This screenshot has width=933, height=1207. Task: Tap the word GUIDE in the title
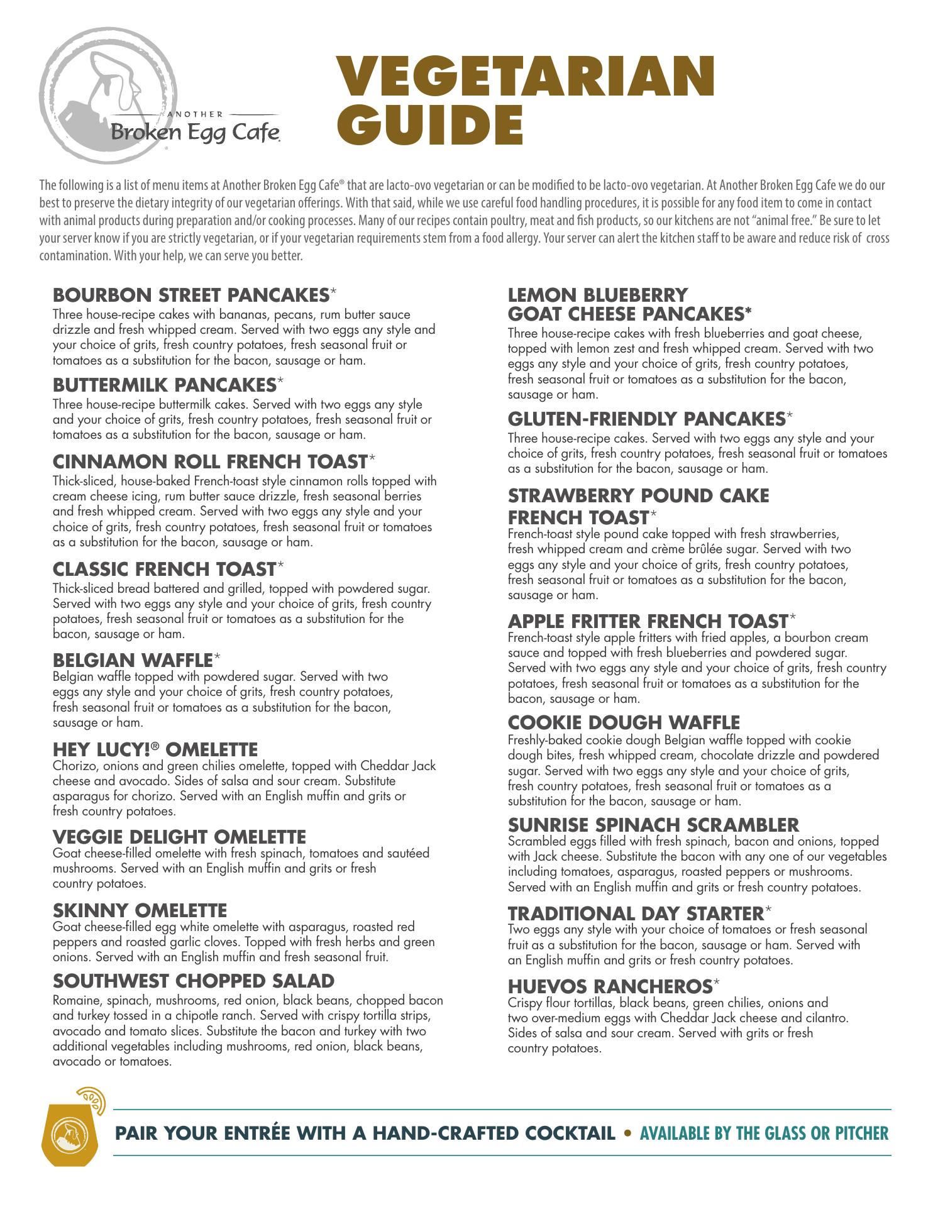point(434,124)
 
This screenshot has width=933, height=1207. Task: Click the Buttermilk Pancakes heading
point(165,384)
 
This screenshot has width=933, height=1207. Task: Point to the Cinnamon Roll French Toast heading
point(210,462)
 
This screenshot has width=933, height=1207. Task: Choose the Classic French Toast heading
point(165,569)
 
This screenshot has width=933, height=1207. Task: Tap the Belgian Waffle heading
point(133,660)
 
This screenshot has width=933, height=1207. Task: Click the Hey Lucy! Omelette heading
point(155,749)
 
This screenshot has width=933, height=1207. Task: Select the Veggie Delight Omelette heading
point(179,837)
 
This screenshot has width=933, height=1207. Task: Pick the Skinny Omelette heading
point(140,910)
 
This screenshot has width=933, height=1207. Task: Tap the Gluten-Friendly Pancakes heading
point(647,419)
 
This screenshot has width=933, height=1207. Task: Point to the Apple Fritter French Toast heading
point(648,621)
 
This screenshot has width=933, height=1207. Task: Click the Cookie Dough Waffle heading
point(624,722)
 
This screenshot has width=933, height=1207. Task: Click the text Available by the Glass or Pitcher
point(764,1133)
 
